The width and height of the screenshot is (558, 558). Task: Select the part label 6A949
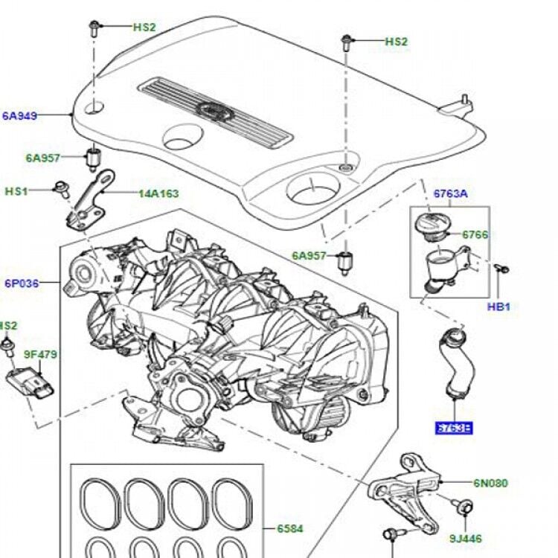coord(20,115)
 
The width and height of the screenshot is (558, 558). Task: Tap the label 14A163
coord(158,193)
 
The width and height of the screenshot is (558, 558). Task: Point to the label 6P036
coord(22,283)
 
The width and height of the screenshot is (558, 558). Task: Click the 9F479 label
coord(42,354)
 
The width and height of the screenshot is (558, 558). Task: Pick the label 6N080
coord(490,483)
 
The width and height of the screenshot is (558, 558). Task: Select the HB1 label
coord(499,307)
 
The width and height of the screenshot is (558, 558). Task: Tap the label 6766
coord(475,234)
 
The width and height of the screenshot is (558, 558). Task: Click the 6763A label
coord(451,193)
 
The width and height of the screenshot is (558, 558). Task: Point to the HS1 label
coord(16,191)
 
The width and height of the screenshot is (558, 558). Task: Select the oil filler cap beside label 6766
coord(430,224)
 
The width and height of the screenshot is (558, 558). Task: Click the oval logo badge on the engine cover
coord(217,110)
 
